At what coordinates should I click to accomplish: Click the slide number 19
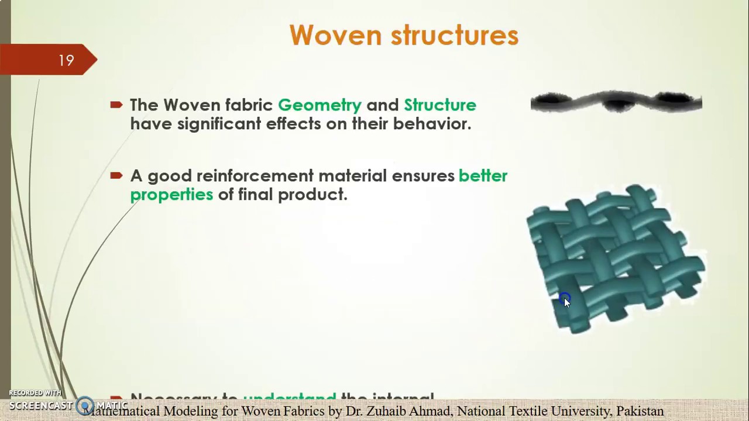coord(66,61)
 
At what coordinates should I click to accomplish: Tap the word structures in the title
coord(454,35)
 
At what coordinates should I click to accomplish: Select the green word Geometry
coord(319,105)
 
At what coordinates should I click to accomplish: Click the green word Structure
coord(439,105)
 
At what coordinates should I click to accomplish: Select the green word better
coord(483,176)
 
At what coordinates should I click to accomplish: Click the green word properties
coord(171,195)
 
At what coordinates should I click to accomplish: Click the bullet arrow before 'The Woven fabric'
coord(116,105)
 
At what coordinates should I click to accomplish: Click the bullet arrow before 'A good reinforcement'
coord(116,175)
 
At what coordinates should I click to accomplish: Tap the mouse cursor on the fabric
coord(565,301)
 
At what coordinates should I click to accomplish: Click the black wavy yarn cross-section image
coord(616,102)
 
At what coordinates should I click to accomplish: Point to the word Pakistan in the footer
coord(640,412)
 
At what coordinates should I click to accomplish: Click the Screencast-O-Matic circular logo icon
coord(85,405)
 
